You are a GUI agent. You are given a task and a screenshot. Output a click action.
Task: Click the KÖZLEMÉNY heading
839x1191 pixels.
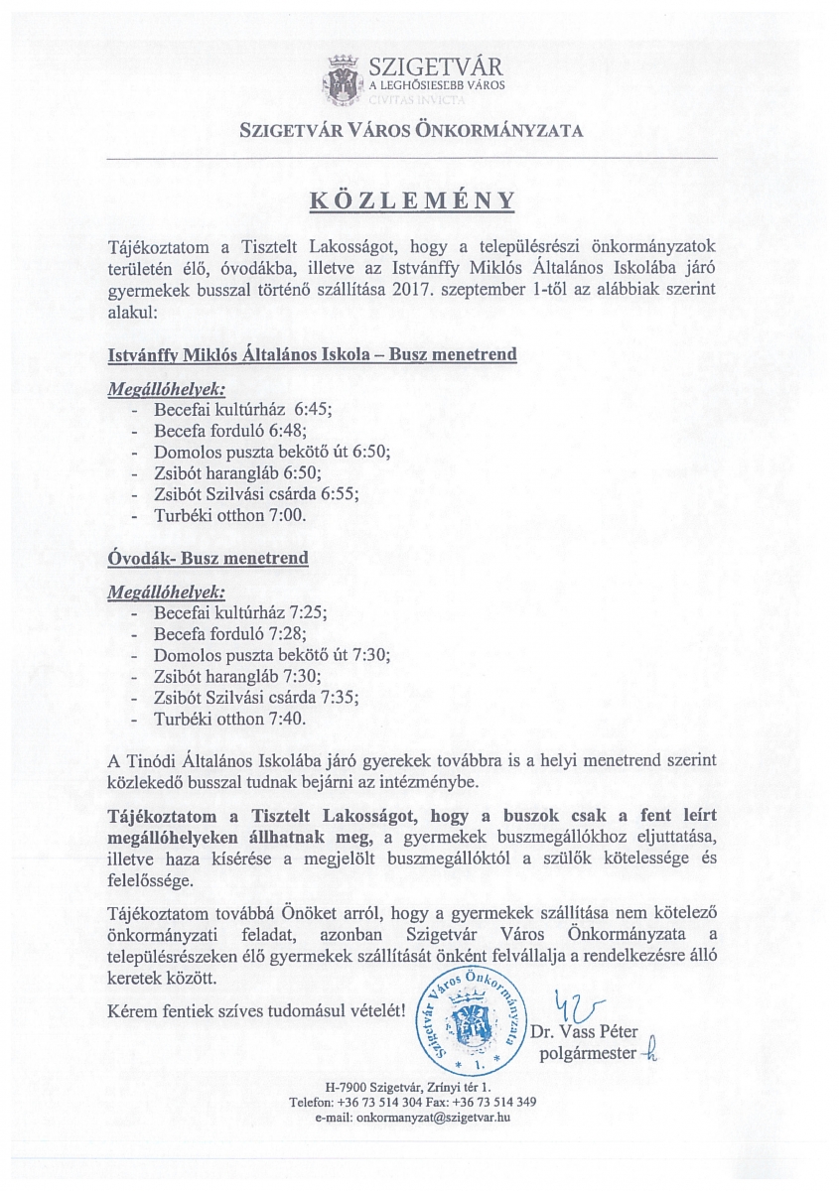click(x=412, y=199)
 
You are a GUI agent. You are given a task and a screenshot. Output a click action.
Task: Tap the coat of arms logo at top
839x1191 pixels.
click(x=342, y=78)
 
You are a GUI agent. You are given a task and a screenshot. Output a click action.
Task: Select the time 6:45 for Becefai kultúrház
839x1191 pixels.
click(x=311, y=409)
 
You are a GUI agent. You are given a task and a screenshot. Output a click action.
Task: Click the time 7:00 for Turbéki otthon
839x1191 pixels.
click(x=289, y=516)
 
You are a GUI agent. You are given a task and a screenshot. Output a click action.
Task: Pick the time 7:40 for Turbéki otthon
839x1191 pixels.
click(x=288, y=720)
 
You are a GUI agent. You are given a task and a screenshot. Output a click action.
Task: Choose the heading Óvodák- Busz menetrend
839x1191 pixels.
click(x=208, y=559)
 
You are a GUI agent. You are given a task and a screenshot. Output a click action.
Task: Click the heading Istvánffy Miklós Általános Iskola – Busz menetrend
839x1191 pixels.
click(x=312, y=354)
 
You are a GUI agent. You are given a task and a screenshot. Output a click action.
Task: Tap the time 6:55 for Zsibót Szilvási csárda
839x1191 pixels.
click(x=339, y=494)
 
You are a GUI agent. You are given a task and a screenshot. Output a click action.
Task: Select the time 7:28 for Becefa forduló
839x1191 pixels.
click(x=288, y=633)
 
